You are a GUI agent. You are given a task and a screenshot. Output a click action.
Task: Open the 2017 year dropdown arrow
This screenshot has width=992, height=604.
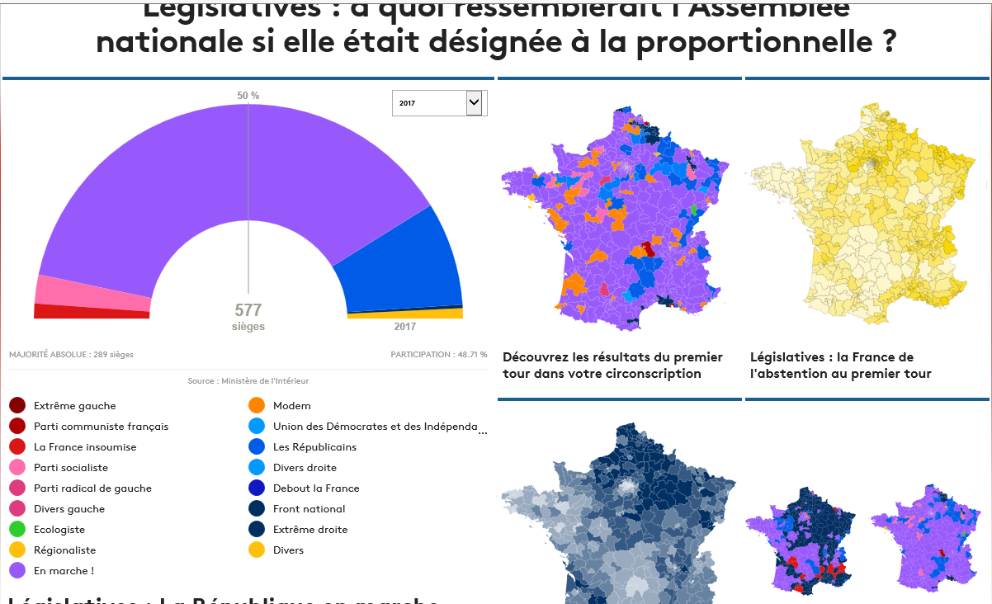(x=474, y=103)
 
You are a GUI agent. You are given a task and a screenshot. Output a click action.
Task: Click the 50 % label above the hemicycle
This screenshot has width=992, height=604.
(x=248, y=96)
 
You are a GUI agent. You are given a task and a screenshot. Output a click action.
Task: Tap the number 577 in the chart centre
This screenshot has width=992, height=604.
(x=248, y=310)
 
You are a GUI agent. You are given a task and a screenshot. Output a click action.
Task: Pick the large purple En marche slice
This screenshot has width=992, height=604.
(x=231, y=165)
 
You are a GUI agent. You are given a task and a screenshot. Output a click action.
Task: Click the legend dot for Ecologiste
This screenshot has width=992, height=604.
(x=17, y=530)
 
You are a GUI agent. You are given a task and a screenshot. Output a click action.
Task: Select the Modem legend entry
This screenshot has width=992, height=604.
(x=291, y=406)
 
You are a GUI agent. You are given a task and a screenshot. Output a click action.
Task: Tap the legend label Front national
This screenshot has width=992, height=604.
(x=309, y=509)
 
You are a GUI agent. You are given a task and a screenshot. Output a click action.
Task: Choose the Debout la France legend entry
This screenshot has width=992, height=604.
(x=316, y=488)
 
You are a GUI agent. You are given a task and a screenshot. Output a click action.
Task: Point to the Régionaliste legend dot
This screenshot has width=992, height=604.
(x=17, y=550)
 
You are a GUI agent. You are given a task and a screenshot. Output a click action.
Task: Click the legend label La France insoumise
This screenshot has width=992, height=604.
(x=85, y=447)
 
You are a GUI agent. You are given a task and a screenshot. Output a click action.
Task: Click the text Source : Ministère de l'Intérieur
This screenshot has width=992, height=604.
(x=248, y=381)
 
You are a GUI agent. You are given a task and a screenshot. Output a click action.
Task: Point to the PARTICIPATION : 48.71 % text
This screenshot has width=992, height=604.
(x=439, y=355)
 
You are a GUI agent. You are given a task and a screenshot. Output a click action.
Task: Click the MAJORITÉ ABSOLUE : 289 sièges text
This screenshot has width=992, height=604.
(x=72, y=355)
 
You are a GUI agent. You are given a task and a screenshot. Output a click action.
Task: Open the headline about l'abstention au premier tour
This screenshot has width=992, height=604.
(x=840, y=366)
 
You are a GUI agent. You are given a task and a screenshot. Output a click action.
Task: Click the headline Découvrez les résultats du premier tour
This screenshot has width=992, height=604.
(x=612, y=366)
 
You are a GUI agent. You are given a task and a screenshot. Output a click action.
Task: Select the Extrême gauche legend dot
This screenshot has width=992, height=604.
(x=17, y=406)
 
